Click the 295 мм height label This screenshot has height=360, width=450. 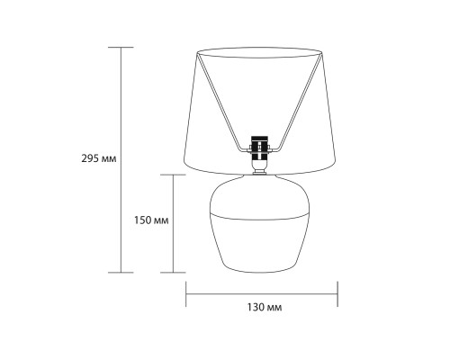point(99,158)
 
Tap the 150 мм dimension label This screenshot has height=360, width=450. point(151,220)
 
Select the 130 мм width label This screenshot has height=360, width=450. point(265,308)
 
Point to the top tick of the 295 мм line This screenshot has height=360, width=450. point(121,48)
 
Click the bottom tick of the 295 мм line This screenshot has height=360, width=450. point(121,273)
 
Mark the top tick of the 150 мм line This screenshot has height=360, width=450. point(173,175)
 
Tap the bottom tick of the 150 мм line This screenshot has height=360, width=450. point(173,273)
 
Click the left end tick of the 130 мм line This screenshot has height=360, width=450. point(186,294)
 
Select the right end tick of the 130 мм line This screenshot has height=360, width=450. point(337,294)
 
